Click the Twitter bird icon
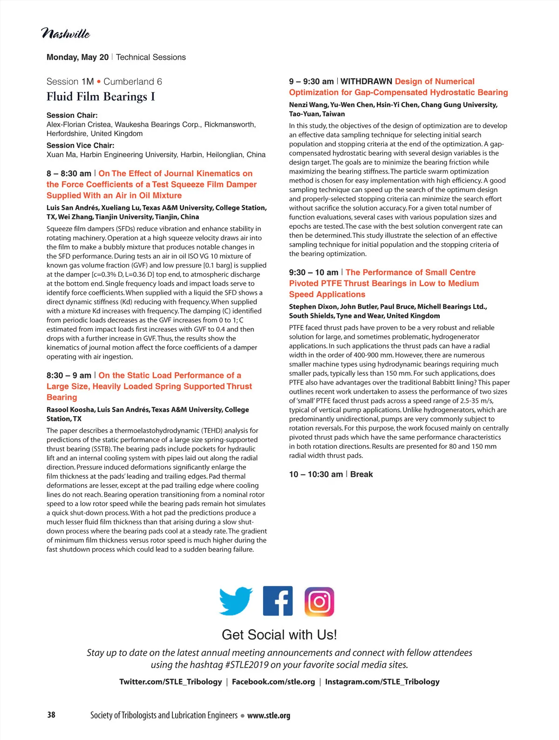(236, 601)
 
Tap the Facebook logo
(278, 601)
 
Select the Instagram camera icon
(320, 602)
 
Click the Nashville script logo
(66, 34)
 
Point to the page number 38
(51, 715)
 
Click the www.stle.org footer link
(269, 715)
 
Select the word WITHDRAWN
(366, 82)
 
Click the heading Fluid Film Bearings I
(101, 97)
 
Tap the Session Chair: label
(72, 115)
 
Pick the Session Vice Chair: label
(80, 145)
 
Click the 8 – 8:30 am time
(69, 174)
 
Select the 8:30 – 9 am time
(69, 376)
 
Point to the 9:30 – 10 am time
(314, 273)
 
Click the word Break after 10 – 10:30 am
(361, 474)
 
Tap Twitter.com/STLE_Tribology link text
(170, 682)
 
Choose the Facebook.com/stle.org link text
(273, 682)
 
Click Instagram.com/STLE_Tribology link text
(382, 682)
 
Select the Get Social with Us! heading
(279, 635)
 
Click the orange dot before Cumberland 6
(99, 82)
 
